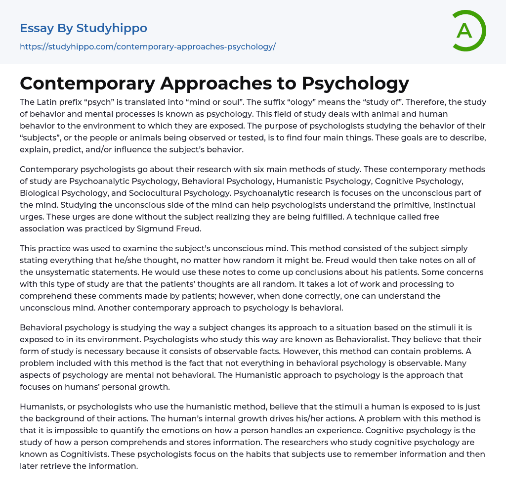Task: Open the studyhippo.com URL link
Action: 147,46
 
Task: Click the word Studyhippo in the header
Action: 112,28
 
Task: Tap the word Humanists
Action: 41,407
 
